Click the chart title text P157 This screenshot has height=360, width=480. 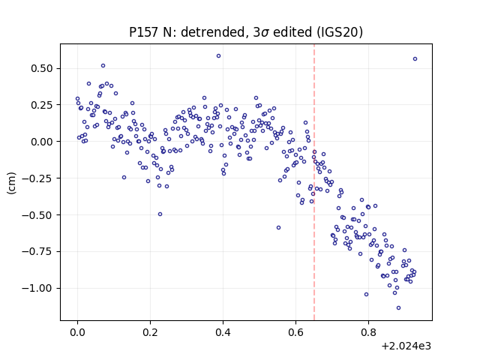(x=144, y=32)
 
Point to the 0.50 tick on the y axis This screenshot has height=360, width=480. (x=42, y=68)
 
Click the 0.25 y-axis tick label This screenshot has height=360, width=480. (x=42, y=105)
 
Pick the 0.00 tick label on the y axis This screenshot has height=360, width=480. (x=42, y=142)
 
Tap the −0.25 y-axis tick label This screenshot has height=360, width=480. (x=37, y=178)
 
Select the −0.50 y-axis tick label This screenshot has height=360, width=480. (x=37, y=215)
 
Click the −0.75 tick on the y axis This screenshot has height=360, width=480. (x=37, y=252)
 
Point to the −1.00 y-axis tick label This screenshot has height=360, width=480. (x=37, y=288)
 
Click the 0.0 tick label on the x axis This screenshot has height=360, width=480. (x=77, y=332)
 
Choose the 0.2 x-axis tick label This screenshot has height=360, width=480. (x=150, y=332)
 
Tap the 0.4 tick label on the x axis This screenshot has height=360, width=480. (x=223, y=332)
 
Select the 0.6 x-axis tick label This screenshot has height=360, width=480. (x=295, y=332)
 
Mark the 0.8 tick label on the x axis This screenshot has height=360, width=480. (x=368, y=332)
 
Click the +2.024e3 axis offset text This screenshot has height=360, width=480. (x=406, y=346)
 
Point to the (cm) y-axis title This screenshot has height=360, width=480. (x=12, y=183)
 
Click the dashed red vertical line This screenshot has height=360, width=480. (x=314, y=182)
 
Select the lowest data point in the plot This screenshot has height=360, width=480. (x=398, y=308)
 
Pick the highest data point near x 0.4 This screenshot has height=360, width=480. (x=218, y=56)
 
